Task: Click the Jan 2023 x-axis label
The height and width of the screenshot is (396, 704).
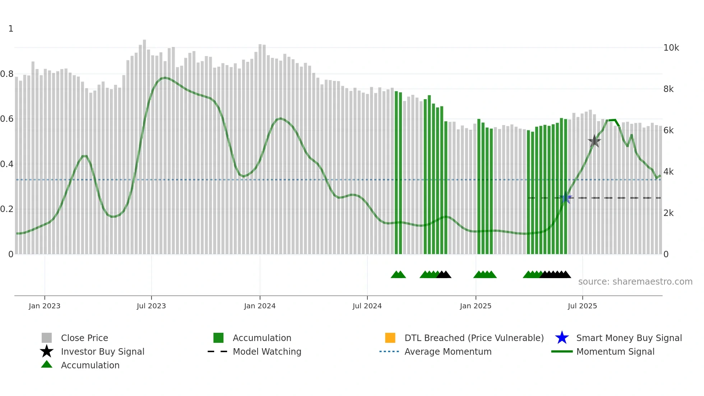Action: point(45,306)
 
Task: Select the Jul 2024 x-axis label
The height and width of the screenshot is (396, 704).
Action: point(367,306)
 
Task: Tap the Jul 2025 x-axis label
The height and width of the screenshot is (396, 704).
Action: point(582,306)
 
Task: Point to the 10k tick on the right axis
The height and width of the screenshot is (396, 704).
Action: point(671,48)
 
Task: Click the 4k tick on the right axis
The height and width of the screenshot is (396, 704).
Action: point(668,172)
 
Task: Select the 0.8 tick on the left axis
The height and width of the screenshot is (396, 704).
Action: point(7,74)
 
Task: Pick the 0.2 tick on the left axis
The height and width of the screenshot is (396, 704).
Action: point(7,209)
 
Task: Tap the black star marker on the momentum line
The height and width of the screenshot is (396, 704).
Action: point(594,141)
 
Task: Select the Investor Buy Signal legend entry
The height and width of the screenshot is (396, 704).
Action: point(102,351)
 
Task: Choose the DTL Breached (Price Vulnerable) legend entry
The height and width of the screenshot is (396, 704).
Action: point(474,338)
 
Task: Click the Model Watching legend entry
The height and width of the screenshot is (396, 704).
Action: point(267,351)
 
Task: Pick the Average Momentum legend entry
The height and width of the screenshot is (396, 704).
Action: point(448,351)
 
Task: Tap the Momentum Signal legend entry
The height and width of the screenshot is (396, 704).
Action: point(615,351)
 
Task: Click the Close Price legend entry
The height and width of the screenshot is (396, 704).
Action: point(84,338)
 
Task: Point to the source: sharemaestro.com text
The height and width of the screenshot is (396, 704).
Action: point(635,281)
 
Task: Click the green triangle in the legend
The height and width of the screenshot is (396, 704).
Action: point(47,364)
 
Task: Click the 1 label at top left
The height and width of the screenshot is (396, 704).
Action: point(11,29)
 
